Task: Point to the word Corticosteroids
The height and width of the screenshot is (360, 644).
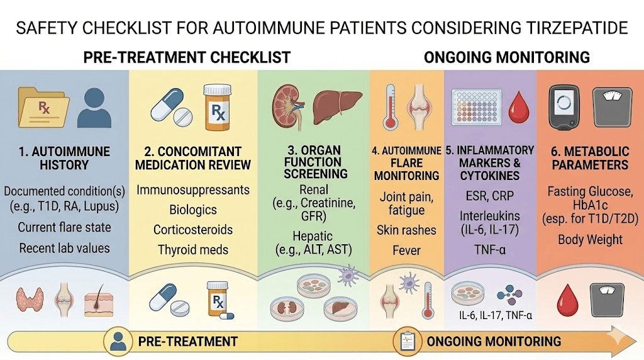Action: click(x=193, y=229)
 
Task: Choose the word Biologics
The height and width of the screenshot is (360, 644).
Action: click(x=193, y=210)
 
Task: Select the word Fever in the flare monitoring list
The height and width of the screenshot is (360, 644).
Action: click(x=407, y=250)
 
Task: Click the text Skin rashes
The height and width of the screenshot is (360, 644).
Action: click(x=407, y=230)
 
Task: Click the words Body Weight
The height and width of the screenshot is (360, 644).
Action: click(x=590, y=240)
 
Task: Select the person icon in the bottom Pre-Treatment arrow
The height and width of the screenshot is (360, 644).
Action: click(x=117, y=341)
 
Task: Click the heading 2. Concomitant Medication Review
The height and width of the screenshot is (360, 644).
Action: click(x=193, y=159)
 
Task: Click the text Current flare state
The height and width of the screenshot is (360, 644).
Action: click(x=64, y=228)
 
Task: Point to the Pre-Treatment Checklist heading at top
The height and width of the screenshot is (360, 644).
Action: click(x=187, y=57)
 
